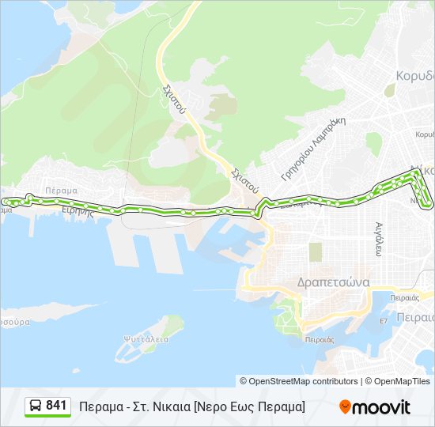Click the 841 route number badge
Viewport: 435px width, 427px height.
[x=55, y=406]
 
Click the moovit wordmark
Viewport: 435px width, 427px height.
[x=381, y=407]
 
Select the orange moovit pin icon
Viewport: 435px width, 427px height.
[x=345, y=407]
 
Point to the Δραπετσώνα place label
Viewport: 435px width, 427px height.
[x=333, y=282]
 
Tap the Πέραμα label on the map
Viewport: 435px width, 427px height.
[x=61, y=191]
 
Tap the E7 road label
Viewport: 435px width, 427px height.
[x=384, y=321]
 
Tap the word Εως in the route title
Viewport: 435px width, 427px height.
[x=240, y=407]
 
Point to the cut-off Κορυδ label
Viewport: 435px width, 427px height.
[x=414, y=76]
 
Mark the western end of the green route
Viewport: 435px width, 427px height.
[x=4, y=202]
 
